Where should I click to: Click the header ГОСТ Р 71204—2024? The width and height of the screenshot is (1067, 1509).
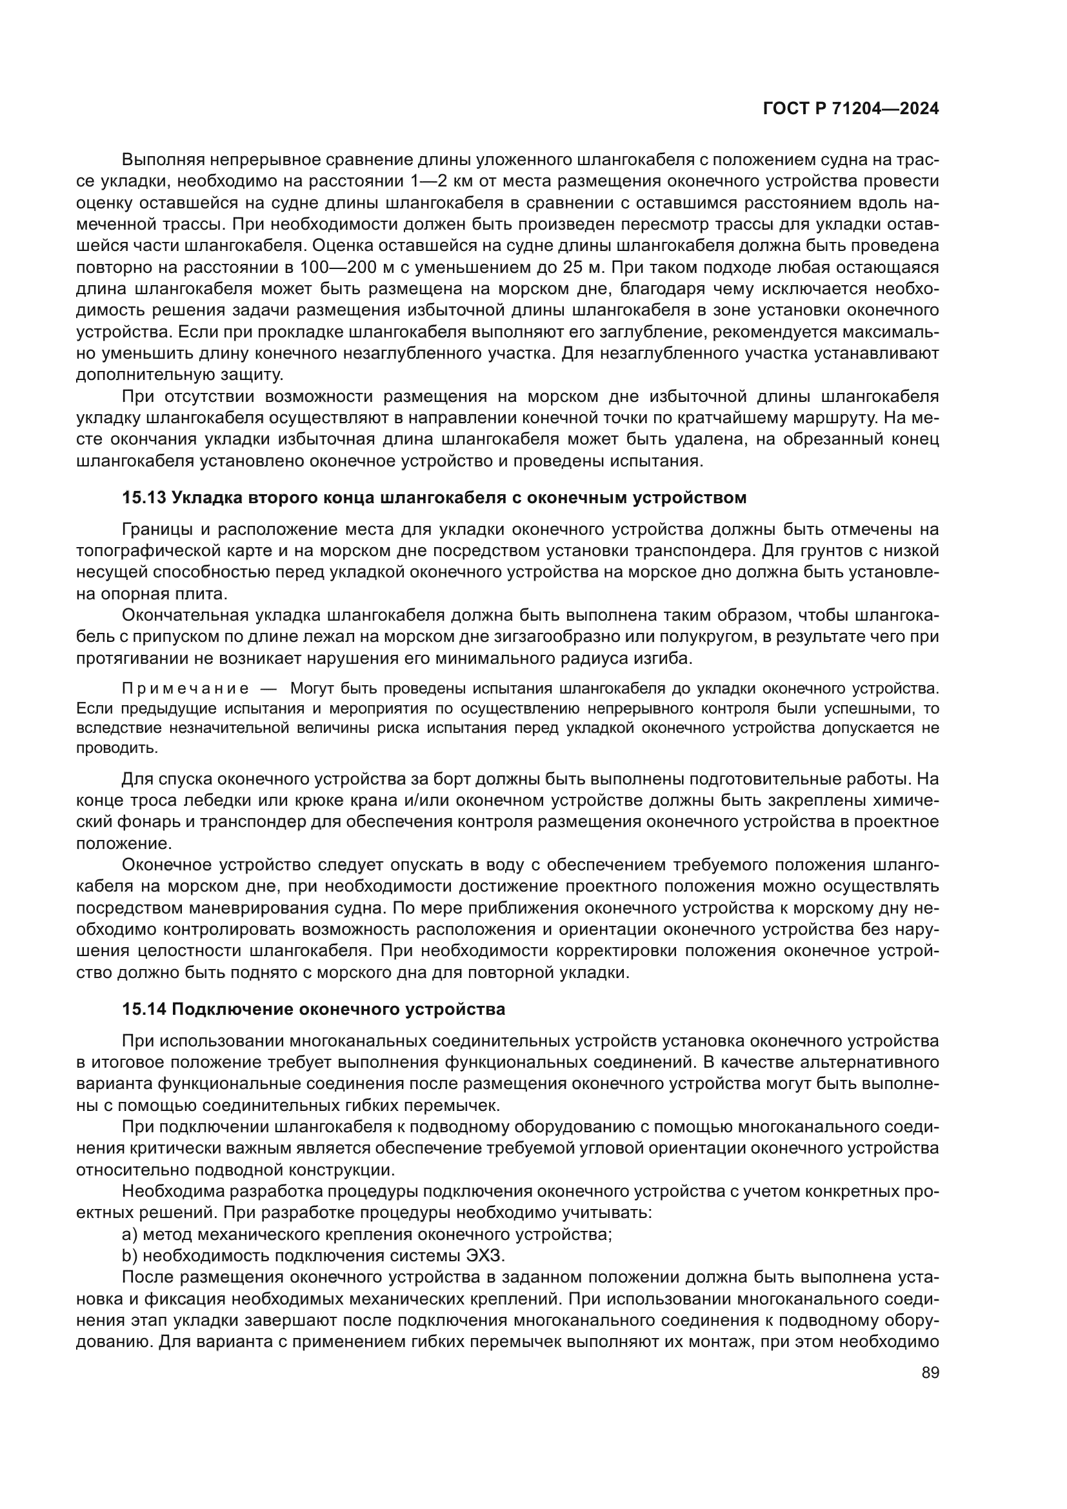click(x=851, y=109)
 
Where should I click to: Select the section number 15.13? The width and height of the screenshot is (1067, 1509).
click(x=144, y=497)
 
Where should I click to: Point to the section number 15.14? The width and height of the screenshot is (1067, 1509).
click(x=144, y=1009)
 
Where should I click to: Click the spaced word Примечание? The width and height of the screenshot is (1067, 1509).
click(x=185, y=689)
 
